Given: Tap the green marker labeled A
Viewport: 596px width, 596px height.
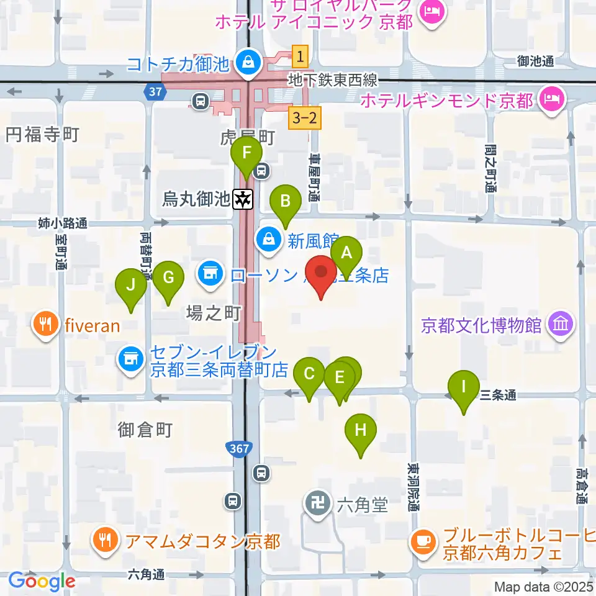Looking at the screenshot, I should pos(346,254).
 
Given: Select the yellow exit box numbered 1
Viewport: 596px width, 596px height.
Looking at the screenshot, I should pos(300,57).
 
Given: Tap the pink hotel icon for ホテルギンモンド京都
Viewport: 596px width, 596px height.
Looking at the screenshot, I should pos(551,99).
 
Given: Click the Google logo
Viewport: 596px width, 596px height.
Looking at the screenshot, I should pos(42,581).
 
